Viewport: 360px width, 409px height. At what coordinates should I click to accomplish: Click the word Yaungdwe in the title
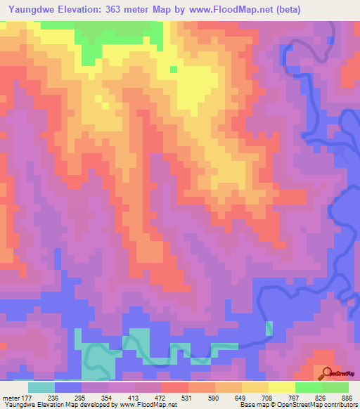tap(28, 10)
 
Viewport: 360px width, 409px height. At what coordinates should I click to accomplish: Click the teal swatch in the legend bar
tap(41, 387)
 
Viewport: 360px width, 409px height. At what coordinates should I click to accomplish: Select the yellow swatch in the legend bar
tap(282, 387)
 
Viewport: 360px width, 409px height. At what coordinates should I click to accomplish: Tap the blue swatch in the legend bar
tap(68, 387)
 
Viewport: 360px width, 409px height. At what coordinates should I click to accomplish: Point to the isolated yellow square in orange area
tap(173, 69)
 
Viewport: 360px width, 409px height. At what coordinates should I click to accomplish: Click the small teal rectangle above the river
tap(269, 328)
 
